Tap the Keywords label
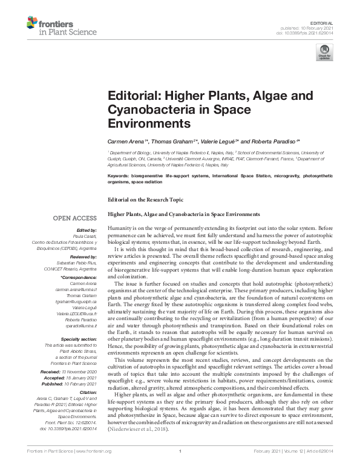coord(119,175)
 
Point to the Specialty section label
coord(78,341)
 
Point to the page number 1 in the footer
coord(180,467)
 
